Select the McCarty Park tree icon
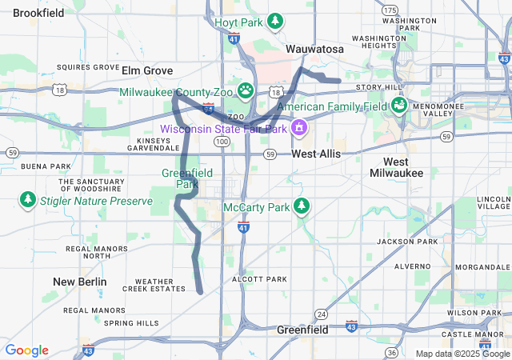coord(301,206)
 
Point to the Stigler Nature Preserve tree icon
coord(28,199)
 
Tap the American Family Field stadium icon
coord(398,105)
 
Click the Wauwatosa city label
coord(315,50)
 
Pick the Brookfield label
coord(38,13)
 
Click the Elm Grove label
coord(147,70)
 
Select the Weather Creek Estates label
coord(154,285)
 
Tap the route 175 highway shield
coord(390,10)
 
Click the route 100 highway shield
coord(222,141)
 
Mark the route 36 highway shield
coord(390,352)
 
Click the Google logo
coord(26,350)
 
